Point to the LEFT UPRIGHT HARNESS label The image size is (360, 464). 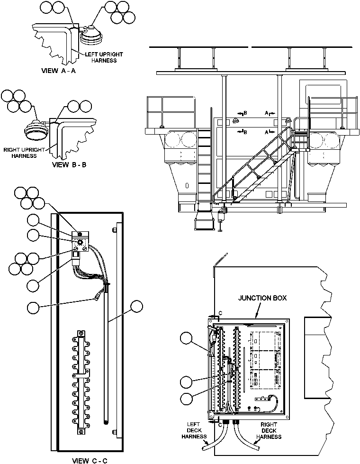pyautogui.click(x=101, y=57)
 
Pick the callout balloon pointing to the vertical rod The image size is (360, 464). pyautogui.click(x=137, y=307)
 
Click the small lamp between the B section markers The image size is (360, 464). pyautogui.click(x=235, y=122)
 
